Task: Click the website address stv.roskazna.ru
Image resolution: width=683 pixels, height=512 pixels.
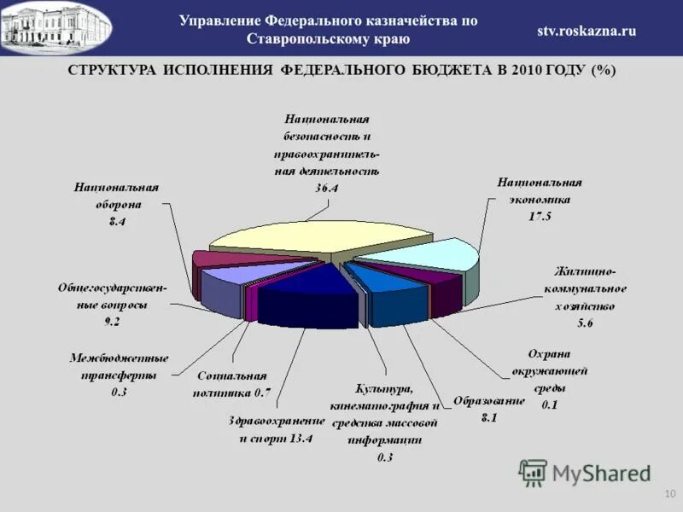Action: (x=586, y=31)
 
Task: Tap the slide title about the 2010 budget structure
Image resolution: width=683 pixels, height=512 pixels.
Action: (x=341, y=70)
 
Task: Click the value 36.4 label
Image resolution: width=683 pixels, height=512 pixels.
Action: (x=327, y=187)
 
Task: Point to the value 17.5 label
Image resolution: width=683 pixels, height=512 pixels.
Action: (x=540, y=216)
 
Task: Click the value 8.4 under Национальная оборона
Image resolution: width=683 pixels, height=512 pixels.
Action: (x=117, y=221)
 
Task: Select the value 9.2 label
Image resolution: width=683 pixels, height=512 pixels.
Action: (x=112, y=321)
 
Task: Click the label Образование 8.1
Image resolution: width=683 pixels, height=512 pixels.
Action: (x=489, y=409)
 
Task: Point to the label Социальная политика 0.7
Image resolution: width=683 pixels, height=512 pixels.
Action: (x=233, y=383)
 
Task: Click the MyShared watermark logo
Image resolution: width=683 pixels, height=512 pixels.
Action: (x=585, y=473)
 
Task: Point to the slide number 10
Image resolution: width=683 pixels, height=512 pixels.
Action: (x=668, y=495)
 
